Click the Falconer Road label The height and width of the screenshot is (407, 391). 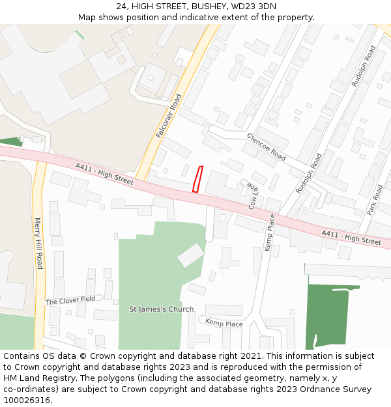pos(169,116)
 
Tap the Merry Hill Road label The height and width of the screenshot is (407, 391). pos(38,243)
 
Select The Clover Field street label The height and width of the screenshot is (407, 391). pos(70,300)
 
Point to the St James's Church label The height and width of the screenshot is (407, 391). pos(161,309)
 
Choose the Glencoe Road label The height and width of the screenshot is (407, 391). pos(266,147)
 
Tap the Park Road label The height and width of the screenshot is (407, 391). pos(375,200)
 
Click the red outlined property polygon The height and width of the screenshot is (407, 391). pos(197,179)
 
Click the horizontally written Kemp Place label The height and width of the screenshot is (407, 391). pos(224,323)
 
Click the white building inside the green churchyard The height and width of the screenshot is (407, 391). pos(191,255)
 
